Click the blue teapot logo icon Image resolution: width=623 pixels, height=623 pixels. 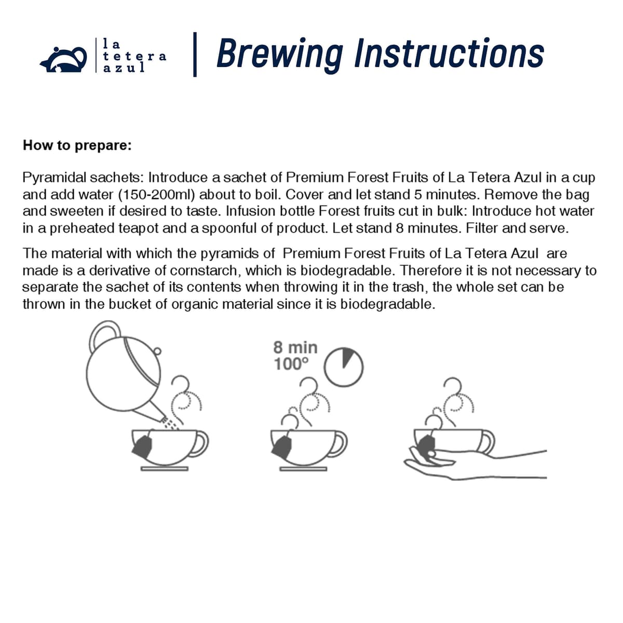tap(64, 60)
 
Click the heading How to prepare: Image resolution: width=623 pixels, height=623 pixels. tap(77, 145)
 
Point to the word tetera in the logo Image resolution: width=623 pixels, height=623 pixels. tap(134, 56)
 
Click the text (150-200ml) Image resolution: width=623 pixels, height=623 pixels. tap(157, 195)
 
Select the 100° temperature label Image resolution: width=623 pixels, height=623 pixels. tap(291, 364)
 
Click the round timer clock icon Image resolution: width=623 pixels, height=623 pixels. tap(344, 367)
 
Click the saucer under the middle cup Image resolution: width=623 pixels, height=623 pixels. tap(303, 469)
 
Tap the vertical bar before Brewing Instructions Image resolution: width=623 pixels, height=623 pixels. tap(195, 55)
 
